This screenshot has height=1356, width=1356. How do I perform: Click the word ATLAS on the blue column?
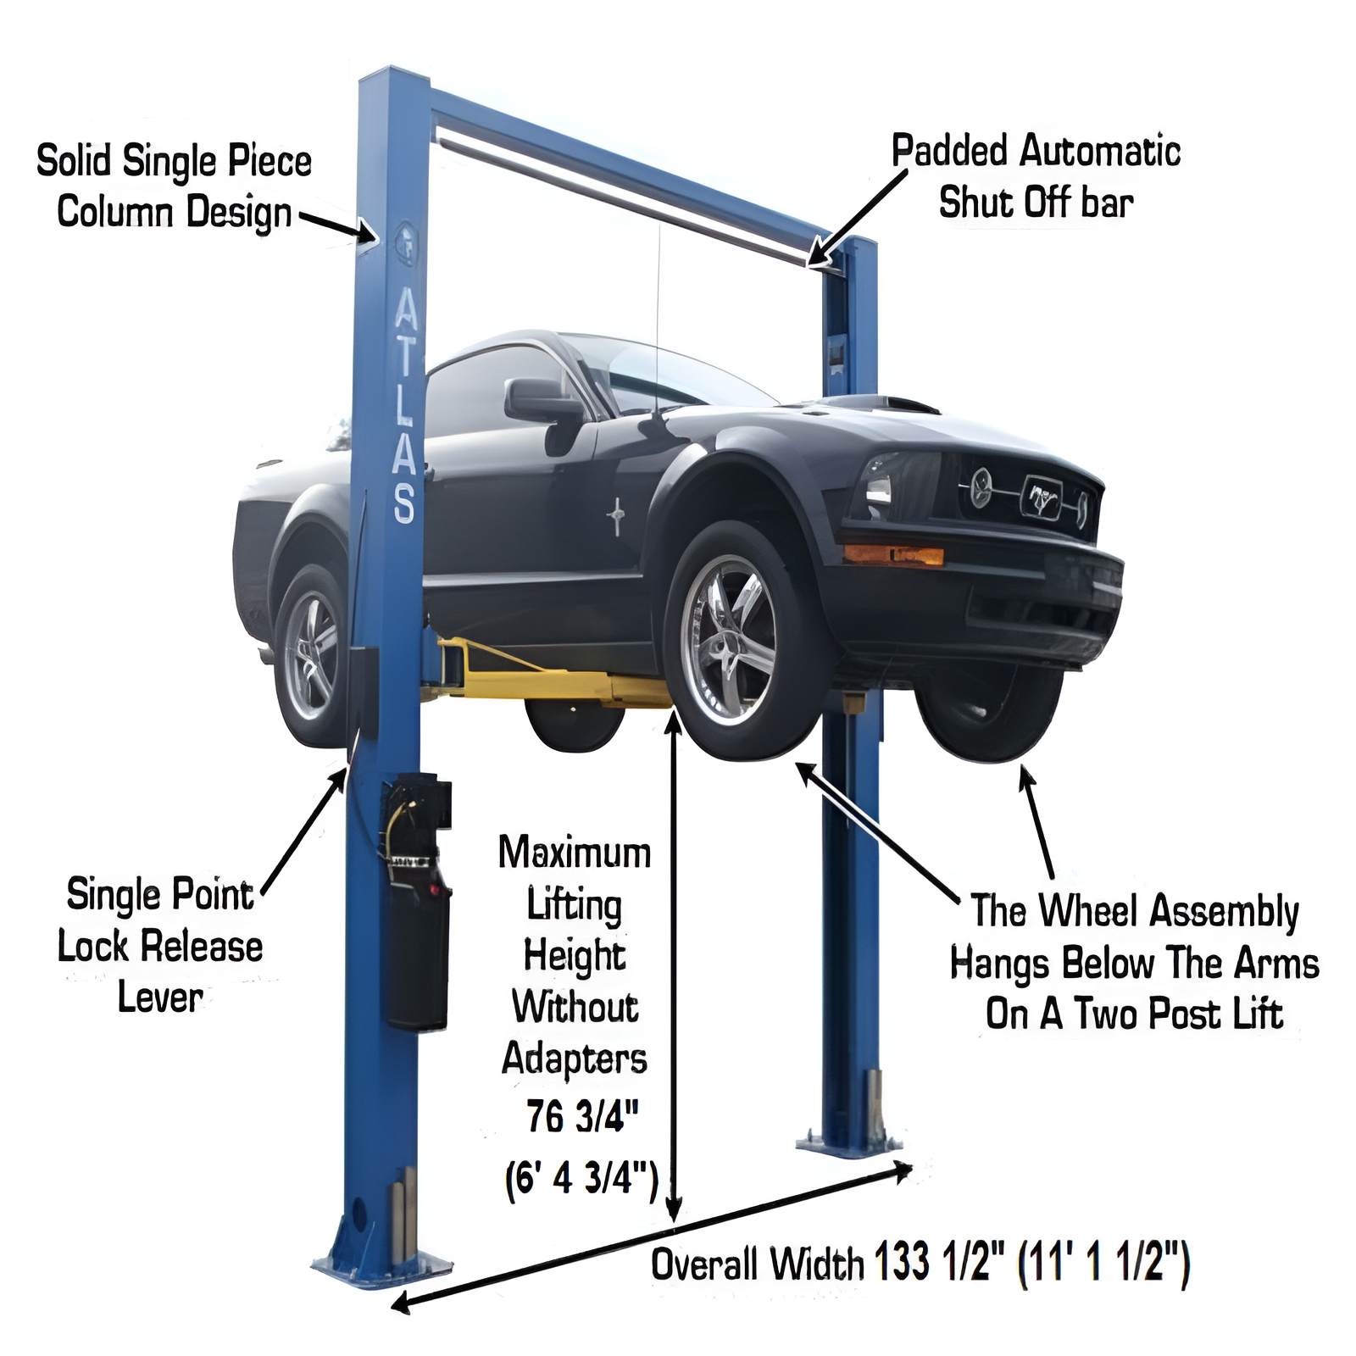coord(405,405)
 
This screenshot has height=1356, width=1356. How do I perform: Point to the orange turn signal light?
coord(893,555)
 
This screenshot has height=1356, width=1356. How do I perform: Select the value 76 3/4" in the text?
coord(581,1116)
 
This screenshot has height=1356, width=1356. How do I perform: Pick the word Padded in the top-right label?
coord(949,153)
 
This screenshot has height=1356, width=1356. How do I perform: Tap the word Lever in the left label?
coord(159,997)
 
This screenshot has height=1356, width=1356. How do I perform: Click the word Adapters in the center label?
coord(575,1059)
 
